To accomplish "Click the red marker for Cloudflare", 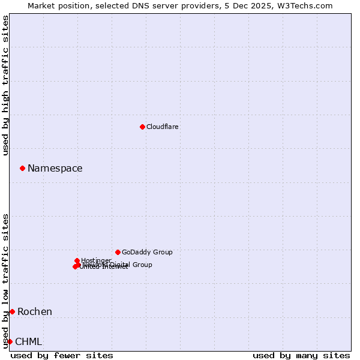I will coord(142,127).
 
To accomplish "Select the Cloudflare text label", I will coord(163,127).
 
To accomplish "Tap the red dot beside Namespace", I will coord(22,168).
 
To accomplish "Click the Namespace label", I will coord(55,169).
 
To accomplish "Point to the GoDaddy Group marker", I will coord(118,252).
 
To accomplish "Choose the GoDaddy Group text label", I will coord(147,252).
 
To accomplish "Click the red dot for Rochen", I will coord(12,311).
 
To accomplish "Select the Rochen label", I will coord(35,311).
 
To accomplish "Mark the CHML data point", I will coord(10,341).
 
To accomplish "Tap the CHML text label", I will coord(29,342).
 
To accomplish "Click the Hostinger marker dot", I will coord(77,260).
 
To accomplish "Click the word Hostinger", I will coord(97,260).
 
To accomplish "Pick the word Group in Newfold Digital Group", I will coord(142,265).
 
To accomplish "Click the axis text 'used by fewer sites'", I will coord(62,355).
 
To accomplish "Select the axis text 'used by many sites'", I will coord(301,355).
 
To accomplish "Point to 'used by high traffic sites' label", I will coord(5,85).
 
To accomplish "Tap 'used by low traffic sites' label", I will coord(5,280).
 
